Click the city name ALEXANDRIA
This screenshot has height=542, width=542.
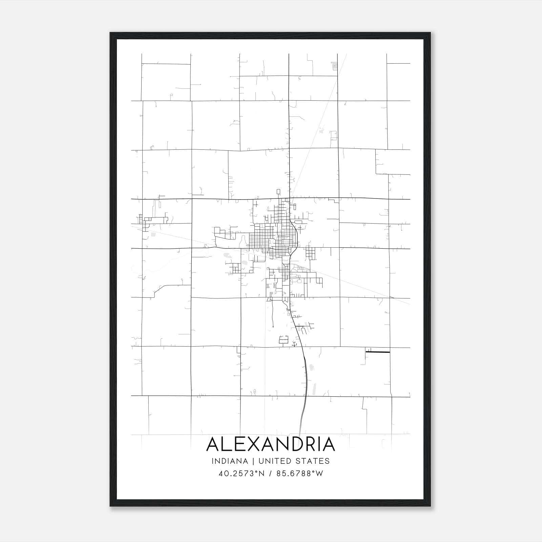coord(271,444)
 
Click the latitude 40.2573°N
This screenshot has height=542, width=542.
coord(242,474)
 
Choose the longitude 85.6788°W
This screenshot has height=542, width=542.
coord(300,474)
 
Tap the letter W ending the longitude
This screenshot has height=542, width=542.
coord(319,474)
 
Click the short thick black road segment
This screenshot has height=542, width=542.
coord(378,352)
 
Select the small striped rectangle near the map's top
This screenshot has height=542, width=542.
coord(335,66)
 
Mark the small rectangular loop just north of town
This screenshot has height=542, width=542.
coord(278,192)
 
